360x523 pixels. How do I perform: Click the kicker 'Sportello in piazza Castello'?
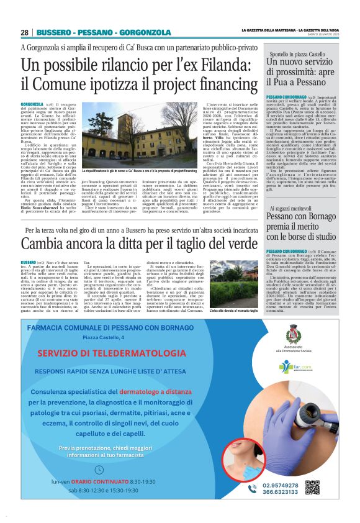296,55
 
